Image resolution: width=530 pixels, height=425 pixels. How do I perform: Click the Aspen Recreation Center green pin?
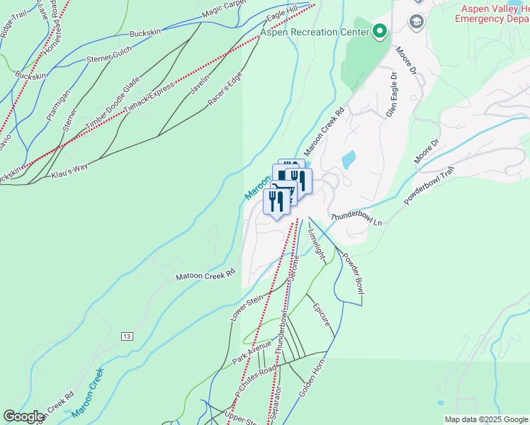click(x=380, y=31)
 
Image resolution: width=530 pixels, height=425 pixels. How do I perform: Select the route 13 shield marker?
click(x=127, y=335)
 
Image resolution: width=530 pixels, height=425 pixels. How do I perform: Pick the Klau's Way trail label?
click(x=69, y=169)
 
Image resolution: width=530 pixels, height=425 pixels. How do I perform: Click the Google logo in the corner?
click(x=23, y=416)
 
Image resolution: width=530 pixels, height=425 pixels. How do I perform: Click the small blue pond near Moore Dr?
click(x=348, y=160)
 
